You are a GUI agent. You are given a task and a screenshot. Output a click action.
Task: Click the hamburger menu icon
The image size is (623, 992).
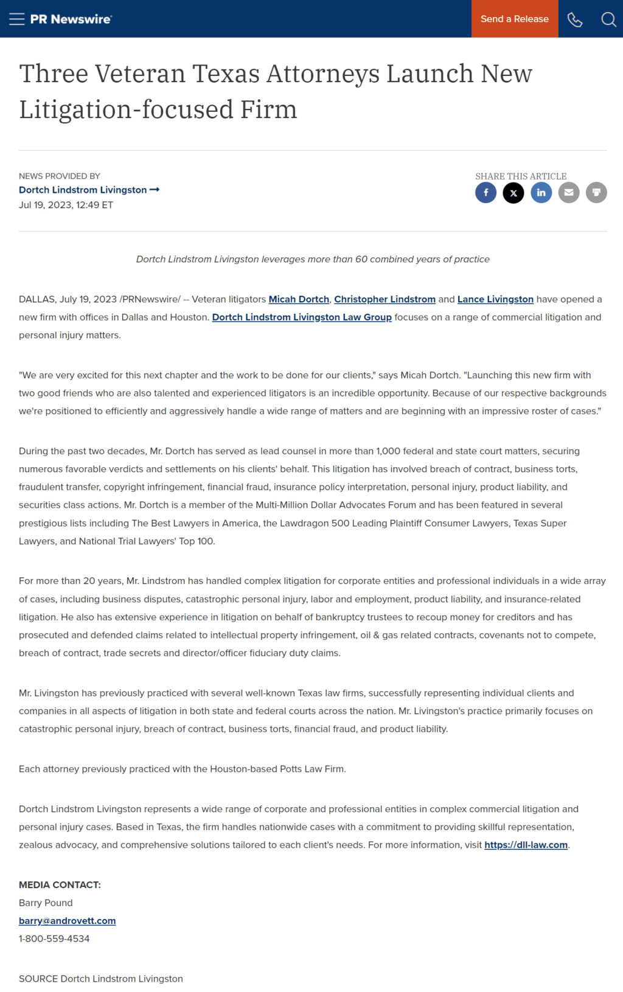pyautogui.click(x=17, y=19)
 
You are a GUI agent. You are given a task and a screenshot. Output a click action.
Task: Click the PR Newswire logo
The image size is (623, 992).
pyautogui.click(x=71, y=19)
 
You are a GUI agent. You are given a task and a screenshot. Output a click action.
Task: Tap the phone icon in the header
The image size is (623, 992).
pyautogui.click(x=575, y=19)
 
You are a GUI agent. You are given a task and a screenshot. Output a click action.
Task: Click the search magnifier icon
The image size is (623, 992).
pyautogui.click(x=608, y=19)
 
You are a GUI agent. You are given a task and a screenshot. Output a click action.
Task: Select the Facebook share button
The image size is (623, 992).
pyautogui.click(x=486, y=193)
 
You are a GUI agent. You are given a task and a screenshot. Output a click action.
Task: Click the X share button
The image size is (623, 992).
pyautogui.click(x=513, y=193)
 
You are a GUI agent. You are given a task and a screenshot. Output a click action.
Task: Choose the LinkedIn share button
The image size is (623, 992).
pyautogui.click(x=541, y=193)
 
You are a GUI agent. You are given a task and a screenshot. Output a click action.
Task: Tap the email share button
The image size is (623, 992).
pyautogui.click(x=569, y=193)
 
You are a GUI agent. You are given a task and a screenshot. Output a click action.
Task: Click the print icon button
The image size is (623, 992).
pyautogui.click(x=596, y=193)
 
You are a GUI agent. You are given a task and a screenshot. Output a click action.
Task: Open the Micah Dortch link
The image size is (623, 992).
pyautogui.click(x=299, y=299)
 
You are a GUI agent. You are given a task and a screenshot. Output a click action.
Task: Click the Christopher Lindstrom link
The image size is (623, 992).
pyautogui.click(x=385, y=299)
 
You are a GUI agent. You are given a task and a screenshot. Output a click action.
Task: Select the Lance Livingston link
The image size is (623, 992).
pyautogui.click(x=495, y=299)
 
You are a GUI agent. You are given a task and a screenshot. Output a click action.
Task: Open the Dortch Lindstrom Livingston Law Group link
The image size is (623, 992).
pyautogui.click(x=302, y=317)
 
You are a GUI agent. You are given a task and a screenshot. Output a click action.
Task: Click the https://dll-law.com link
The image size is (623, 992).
pyautogui.click(x=526, y=845)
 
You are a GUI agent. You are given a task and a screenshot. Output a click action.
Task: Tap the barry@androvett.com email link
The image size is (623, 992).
pyautogui.click(x=67, y=921)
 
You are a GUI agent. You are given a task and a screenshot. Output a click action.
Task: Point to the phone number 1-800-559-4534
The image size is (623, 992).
pyautogui.click(x=54, y=938)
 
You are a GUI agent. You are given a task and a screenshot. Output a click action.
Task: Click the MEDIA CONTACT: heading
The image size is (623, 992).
pyautogui.click(x=60, y=885)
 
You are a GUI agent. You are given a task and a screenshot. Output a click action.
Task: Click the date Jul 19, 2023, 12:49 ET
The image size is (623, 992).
pyautogui.click(x=66, y=205)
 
